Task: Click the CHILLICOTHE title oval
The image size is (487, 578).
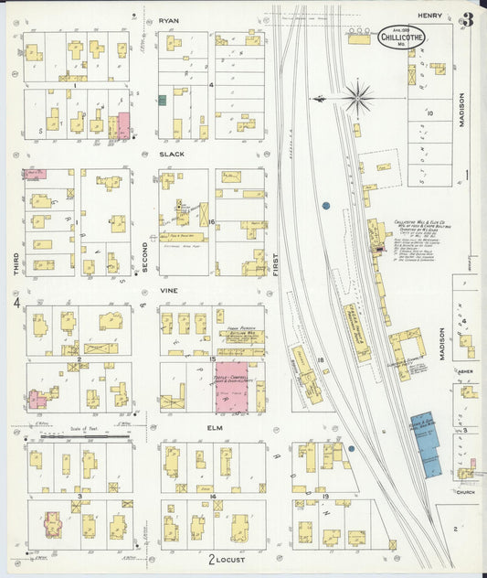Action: tap(402, 37)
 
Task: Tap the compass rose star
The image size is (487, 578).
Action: tap(358, 95)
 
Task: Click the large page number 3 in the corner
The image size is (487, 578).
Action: tap(468, 18)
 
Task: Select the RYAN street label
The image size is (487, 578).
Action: tap(169, 19)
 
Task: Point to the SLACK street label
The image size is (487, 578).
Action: tap(171, 155)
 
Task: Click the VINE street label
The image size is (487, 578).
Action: tap(168, 290)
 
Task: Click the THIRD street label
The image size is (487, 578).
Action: tap(16, 262)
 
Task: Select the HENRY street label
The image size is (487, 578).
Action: tap(430, 16)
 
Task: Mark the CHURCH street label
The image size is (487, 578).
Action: tap(466, 490)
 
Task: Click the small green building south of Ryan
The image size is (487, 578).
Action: tap(162, 101)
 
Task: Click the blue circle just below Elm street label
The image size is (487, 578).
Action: tap(351, 448)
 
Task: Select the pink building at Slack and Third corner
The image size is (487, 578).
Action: tap(122, 125)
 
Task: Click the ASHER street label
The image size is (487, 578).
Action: tap(465, 372)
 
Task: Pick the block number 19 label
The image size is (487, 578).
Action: tap(325, 495)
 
